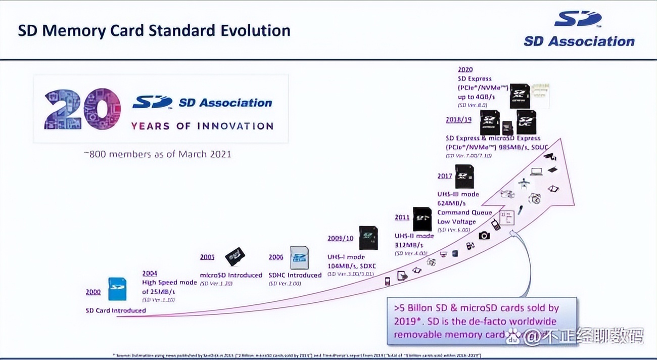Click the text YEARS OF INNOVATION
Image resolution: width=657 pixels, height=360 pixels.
tap(202, 126)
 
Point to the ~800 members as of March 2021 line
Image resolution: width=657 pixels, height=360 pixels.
tap(157, 154)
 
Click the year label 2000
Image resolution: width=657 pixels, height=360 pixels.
tap(93, 292)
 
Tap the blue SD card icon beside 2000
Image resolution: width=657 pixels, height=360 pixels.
tap(118, 288)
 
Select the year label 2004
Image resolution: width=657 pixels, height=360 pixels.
tap(150, 274)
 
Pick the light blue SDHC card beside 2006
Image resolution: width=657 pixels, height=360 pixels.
tap(299, 257)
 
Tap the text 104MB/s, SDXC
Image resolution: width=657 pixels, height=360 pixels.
tap(351, 266)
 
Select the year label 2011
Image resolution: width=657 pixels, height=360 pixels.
tap(402, 217)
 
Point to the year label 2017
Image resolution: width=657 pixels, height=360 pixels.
tap(445, 176)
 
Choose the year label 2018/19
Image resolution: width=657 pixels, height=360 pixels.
tap(458, 120)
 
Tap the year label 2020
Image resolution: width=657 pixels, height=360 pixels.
tap(465, 69)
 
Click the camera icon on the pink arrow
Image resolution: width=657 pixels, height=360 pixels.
tap(484, 235)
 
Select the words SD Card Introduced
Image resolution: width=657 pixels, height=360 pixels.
tap(115, 310)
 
